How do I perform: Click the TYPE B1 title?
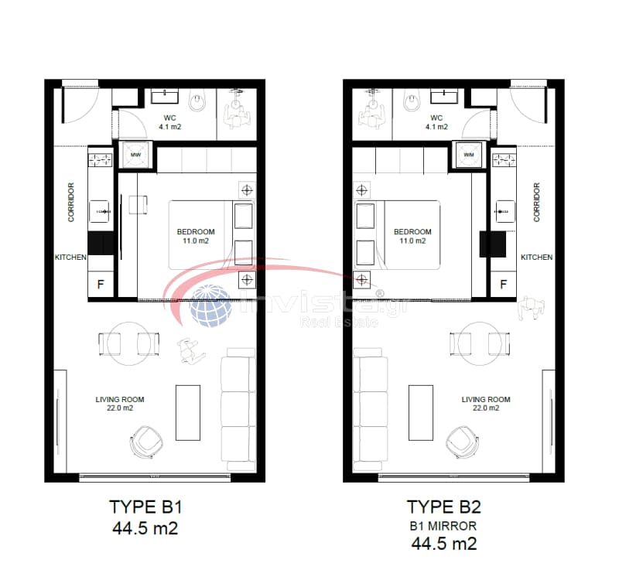tap(145, 507)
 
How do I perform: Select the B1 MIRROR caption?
tap(443, 526)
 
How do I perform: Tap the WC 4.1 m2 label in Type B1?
tap(169, 122)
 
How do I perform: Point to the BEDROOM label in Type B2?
tap(412, 231)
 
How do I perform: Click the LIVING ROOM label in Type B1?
tap(120, 399)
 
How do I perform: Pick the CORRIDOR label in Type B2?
tap(536, 202)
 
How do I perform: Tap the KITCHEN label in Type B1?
tap(70, 258)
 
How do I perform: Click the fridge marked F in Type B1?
tap(101, 284)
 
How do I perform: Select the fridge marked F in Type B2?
tap(504, 284)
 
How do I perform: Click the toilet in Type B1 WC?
tap(197, 101)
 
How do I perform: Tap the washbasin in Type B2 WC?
tap(444, 96)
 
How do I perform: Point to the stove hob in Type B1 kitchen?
tap(101, 160)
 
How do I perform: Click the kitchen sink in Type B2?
tap(504, 211)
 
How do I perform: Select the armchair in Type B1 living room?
tap(147, 442)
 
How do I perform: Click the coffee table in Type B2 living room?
tap(421, 413)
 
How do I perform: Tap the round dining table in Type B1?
tap(128, 344)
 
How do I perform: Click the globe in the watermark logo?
tap(210, 305)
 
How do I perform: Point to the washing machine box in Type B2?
tap(469, 155)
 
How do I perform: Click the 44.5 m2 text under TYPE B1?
tap(145, 528)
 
